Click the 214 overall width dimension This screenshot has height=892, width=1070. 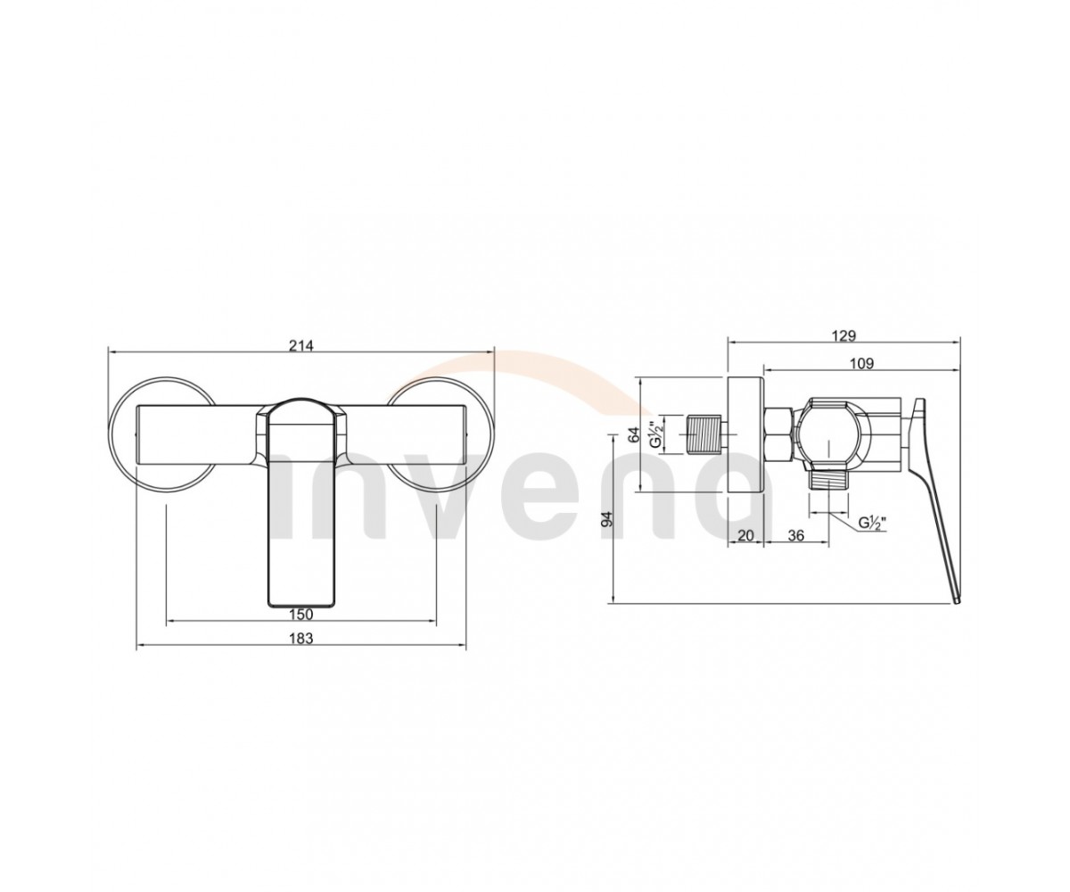coord(300,345)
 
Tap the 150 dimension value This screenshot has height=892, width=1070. coord(300,614)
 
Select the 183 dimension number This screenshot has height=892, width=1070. coord(300,639)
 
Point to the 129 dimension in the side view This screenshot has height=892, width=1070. coord(844,335)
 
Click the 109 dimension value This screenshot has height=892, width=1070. coord(861,363)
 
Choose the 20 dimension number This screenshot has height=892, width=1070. coord(745,536)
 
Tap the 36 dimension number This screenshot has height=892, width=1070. coord(796,536)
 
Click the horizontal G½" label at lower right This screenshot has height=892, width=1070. coord(873,524)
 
